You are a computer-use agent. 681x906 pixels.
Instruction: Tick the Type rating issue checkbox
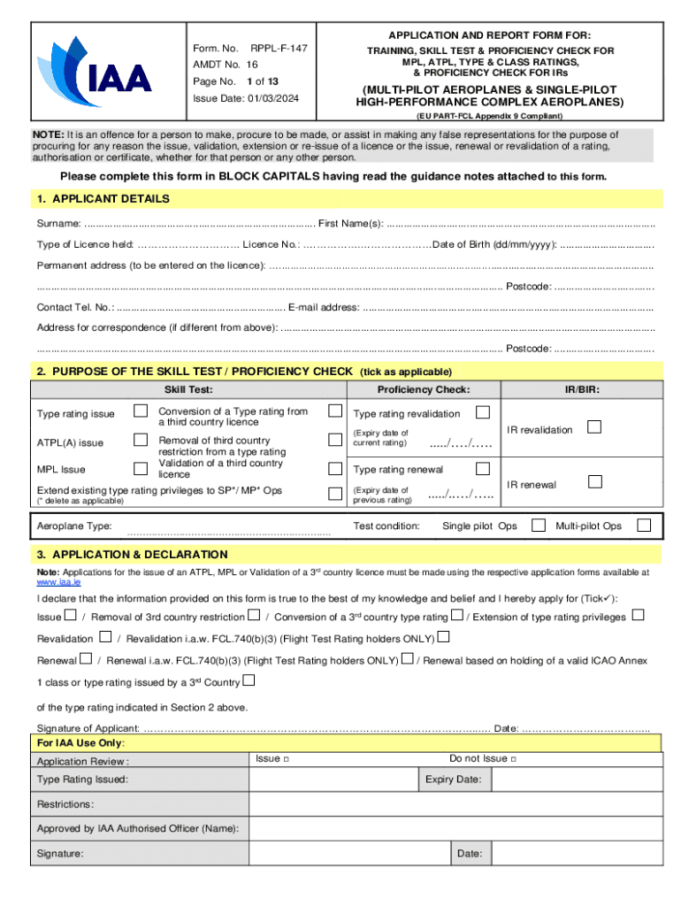coord(141,411)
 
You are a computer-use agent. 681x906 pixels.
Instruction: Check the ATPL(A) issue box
coord(141,440)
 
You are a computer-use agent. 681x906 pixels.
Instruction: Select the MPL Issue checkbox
coord(141,469)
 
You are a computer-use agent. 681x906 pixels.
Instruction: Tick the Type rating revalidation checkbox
coord(483,412)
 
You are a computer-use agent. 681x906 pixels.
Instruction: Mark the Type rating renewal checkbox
coord(483,468)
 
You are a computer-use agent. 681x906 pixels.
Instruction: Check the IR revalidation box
coord(595,427)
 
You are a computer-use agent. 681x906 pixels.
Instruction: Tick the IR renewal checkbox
coord(595,482)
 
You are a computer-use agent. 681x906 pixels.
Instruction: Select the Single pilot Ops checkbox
coord(539,526)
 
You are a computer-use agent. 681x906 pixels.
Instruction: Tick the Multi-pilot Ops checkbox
coord(644,526)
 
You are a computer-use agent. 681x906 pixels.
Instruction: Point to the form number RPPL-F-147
coord(279,47)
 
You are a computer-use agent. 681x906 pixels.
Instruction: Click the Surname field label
coord(58,223)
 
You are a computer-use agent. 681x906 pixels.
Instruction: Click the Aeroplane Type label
coord(74,526)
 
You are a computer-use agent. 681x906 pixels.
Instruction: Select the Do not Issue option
coord(483,758)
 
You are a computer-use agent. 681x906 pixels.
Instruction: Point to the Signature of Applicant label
coord(88,727)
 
